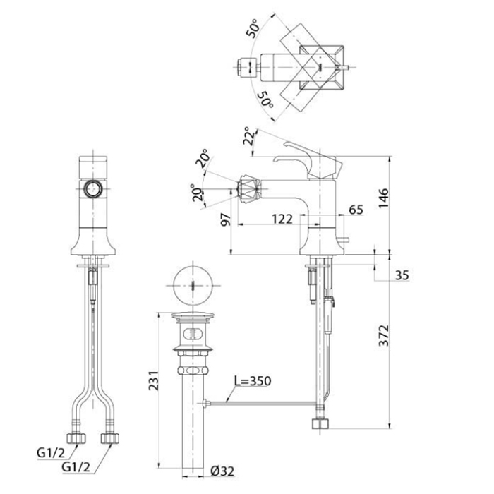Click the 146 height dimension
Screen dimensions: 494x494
pyautogui.click(x=384, y=198)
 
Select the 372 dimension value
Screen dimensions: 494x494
pyautogui.click(x=384, y=335)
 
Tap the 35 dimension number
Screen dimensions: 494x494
pyautogui.click(x=402, y=275)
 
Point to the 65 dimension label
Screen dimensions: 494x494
pyautogui.click(x=356, y=210)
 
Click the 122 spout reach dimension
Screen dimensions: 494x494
pyautogui.click(x=282, y=219)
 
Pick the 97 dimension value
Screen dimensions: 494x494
pyautogui.click(x=226, y=219)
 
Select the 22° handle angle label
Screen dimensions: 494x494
pyautogui.click(x=249, y=136)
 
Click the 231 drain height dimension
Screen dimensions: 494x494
pyautogui.click(x=154, y=380)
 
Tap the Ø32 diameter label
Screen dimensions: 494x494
pyautogui.click(x=222, y=471)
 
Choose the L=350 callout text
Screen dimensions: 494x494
pyautogui.click(x=253, y=381)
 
